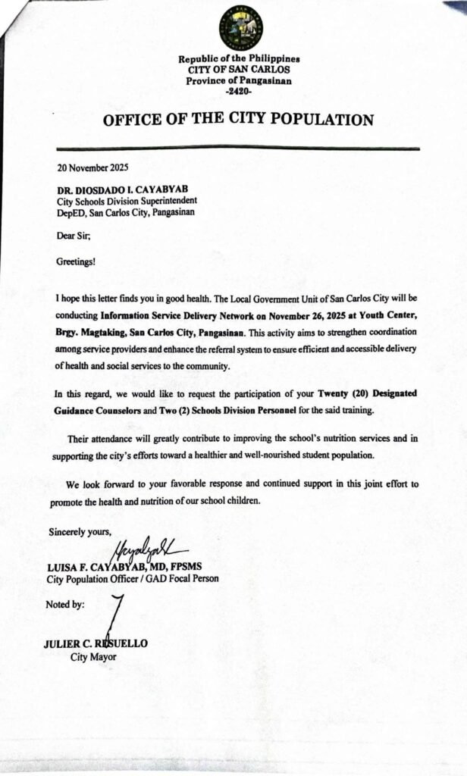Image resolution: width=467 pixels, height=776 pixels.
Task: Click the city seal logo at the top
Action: click(240, 27)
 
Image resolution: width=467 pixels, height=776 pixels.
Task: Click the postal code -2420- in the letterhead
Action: click(239, 91)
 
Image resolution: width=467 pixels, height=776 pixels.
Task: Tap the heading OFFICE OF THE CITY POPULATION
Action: click(239, 120)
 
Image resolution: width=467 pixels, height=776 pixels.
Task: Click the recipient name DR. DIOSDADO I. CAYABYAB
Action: click(118, 189)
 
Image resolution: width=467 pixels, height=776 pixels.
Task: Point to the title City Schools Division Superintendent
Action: click(127, 201)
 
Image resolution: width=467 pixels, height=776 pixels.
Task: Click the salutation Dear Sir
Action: click(74, 235)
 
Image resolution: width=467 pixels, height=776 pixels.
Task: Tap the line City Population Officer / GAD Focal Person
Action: click(133, 579)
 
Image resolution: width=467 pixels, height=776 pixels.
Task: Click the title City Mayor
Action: click(93, 657)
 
